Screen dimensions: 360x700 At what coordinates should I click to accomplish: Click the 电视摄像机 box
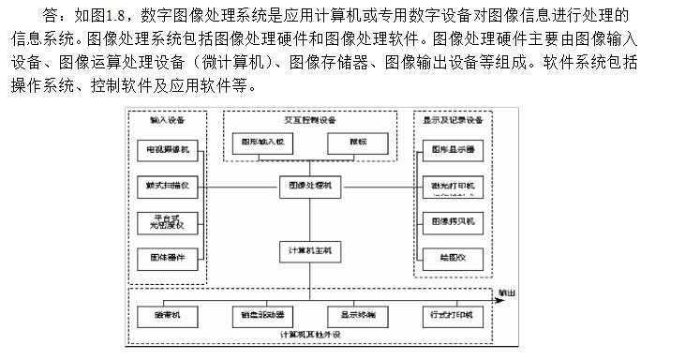pos(165,149)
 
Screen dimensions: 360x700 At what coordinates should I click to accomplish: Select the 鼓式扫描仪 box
pos(165,185)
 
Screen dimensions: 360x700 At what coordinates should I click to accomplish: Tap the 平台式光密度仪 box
pos(165,221)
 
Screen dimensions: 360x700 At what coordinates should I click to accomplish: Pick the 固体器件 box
pos(165,257)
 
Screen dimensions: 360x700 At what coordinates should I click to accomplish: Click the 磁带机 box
pos(165,315)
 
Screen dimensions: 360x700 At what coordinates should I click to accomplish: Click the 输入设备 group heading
pos(165,120)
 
